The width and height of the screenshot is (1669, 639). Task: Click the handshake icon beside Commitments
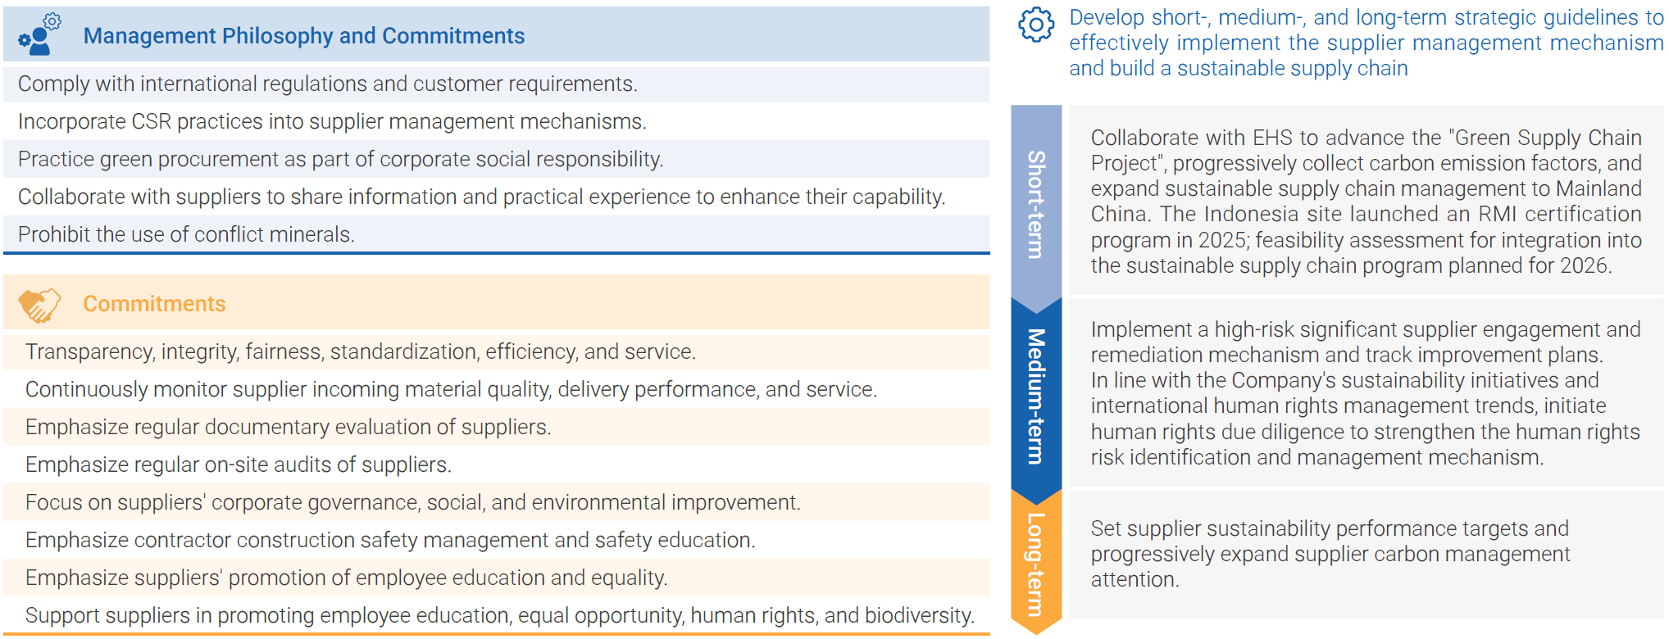pos(39,305)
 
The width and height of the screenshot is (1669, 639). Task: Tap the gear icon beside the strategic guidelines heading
pos(1036,25)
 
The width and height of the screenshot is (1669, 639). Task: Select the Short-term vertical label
pos(1036,204)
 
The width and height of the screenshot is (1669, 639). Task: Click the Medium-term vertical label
pos(1036,397)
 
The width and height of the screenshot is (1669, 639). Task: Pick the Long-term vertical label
pos(1036,564)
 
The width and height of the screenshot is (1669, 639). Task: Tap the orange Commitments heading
pos(154,304)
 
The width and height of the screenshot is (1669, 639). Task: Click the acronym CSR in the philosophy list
pos(152,122)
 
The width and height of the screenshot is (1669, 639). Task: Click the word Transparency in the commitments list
pos(89,352)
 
